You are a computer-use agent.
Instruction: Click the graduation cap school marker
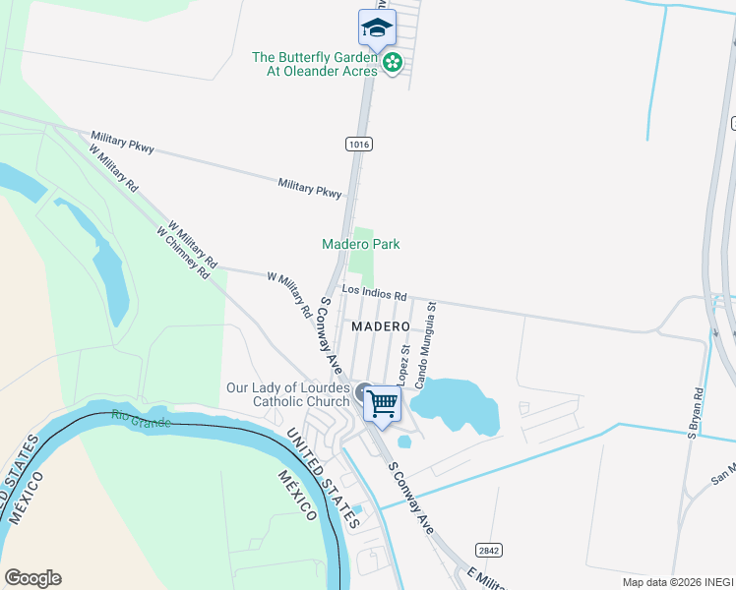coord(377,29)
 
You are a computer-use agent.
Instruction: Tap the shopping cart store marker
coord(382,402)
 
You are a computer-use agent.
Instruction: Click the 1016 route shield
coord(359,145)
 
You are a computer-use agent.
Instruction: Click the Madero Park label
coord(361,244)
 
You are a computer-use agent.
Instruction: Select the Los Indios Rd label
coord(374,293)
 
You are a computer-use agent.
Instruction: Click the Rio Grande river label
coord(141,420)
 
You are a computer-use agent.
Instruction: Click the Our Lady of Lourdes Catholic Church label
coord(288,394)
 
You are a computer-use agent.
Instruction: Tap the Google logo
coord(32,578)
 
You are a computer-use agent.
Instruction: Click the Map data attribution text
coord(677,582)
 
